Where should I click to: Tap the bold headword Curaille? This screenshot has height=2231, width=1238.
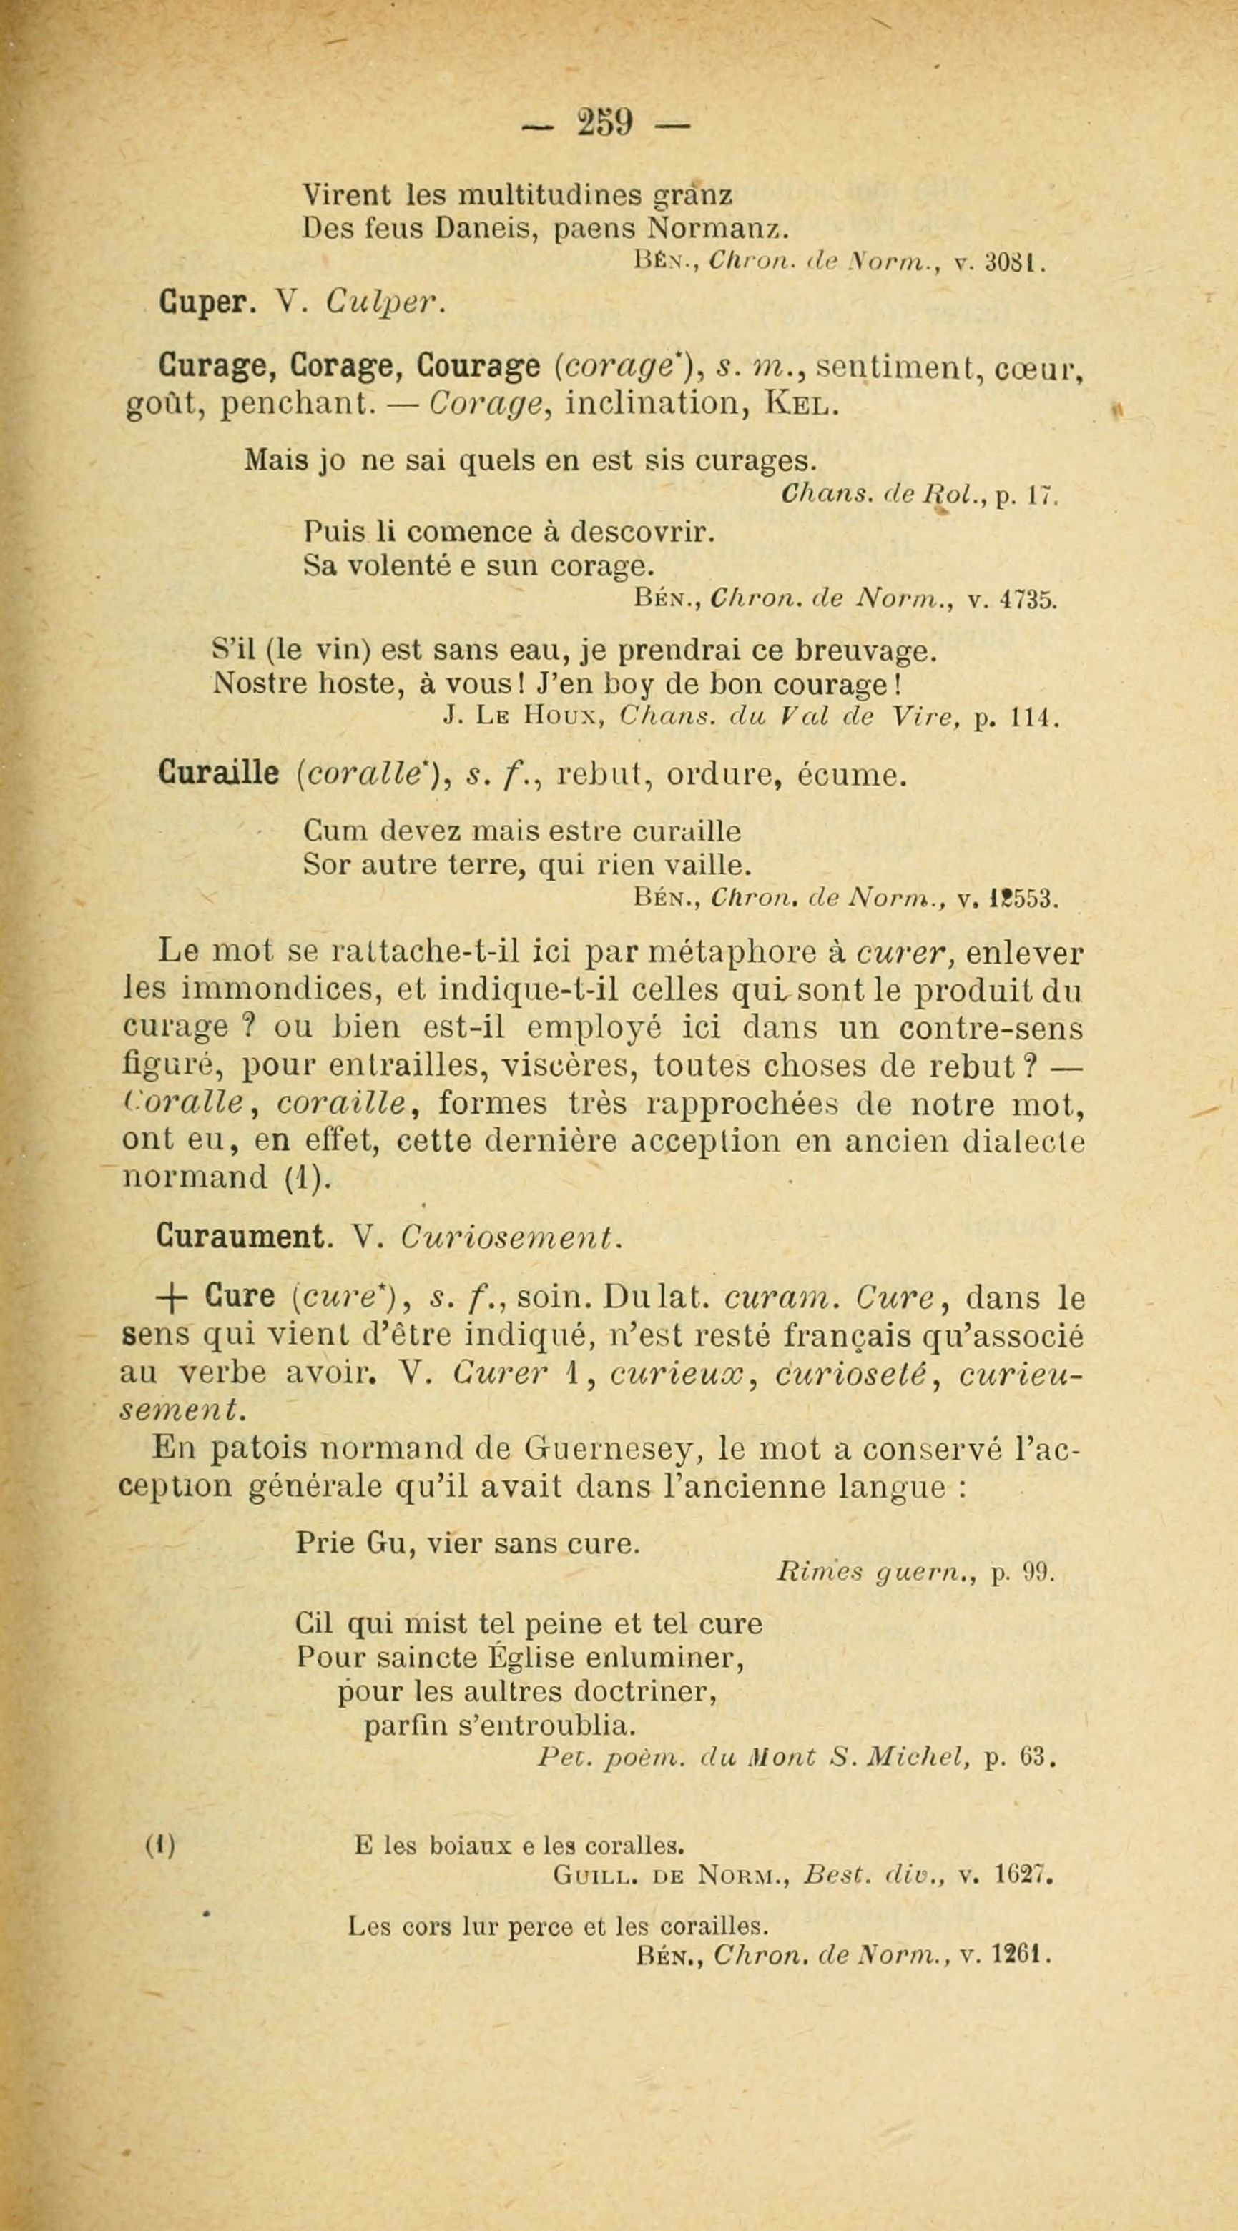tap(218, 773)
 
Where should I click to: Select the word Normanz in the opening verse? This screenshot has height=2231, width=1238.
tap(717, 228)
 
